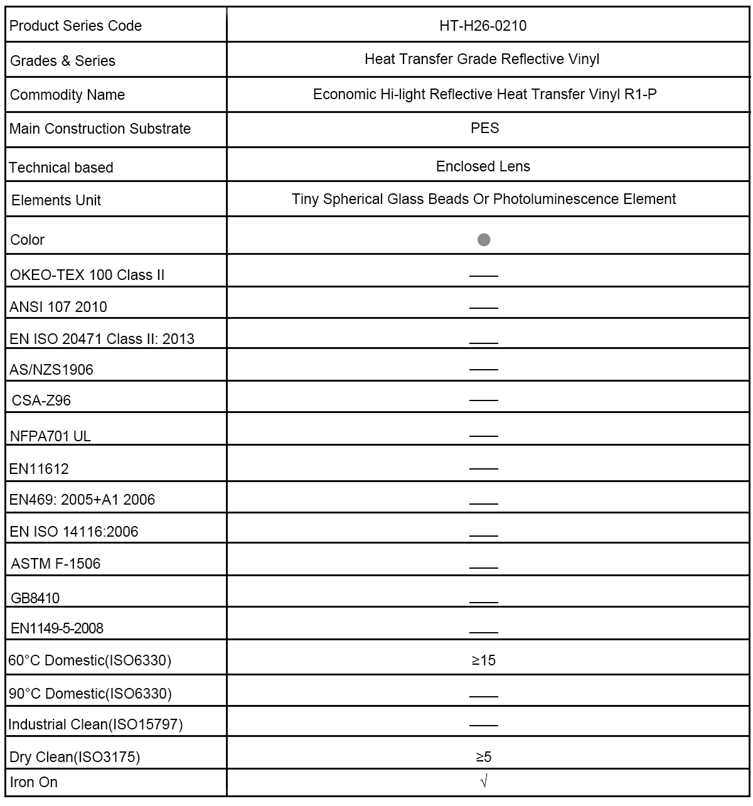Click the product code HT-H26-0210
[x=483, y=26]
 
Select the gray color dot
[x=484, y=240]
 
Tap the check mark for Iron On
[x=483, y=782]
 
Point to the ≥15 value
[x=484, y=660]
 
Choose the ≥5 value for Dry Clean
[x=484, y=757]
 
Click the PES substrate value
[x=484, y=128]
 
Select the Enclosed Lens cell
[x=483, y=166]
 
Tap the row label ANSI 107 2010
[x=58, y=307]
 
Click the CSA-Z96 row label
[x=41, y=400]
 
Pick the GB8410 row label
[x=35, y=598]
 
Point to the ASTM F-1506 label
[x=56, y=564]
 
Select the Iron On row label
[x=34, y=782]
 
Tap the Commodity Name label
[x=67, y=95]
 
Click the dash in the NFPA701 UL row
[x=483, y=436]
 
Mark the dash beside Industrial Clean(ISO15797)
[x=483, y=725]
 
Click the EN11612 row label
[x=39, y=469]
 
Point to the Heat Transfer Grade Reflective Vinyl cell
[x=482, y=60]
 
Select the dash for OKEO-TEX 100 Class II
[x=483, y=276]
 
